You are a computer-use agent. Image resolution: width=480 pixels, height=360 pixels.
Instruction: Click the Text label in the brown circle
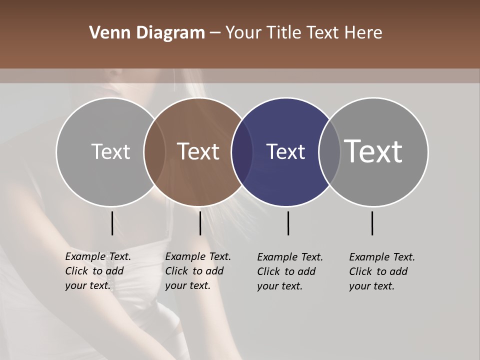click(x=198, y=151)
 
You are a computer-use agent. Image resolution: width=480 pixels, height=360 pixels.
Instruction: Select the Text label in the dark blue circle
click(x=285, y=151)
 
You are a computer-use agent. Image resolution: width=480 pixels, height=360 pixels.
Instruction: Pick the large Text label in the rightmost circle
click(x=373, y=151)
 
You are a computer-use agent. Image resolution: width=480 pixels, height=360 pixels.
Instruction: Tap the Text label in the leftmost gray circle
click(x=110, y=151)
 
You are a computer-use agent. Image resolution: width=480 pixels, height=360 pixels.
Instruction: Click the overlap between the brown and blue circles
click(x=242, y=152)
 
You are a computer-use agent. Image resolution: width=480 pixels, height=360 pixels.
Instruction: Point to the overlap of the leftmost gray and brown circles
click(x=154, y=152)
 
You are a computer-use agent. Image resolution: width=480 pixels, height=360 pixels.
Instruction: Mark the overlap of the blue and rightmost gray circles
click(x=329, y=152)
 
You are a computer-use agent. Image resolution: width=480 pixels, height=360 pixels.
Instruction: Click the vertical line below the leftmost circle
click(x=112, y=223)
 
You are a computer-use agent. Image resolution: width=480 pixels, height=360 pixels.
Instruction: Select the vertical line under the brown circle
click(x=200, y=223)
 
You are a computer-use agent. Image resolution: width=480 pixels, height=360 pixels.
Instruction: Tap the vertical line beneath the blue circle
click(x=288, y=223)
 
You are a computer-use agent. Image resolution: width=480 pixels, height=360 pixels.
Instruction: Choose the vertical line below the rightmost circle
click(x=372, y=223)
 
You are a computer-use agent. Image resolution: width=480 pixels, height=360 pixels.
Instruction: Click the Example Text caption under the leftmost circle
click(x=97, y=271)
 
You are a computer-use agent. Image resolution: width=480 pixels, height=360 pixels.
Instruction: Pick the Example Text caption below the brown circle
click(x=197, y=271)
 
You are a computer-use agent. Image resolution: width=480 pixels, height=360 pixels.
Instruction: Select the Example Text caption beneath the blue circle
click(x=289, y=271)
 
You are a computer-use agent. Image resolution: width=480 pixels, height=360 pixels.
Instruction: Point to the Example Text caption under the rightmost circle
click(x=381, y=271)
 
